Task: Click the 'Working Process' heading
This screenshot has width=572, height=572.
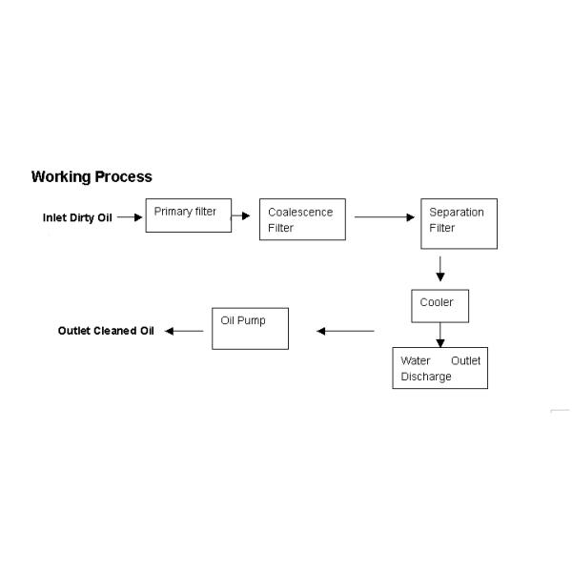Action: pos(92,176)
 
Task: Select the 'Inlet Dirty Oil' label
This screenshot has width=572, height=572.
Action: pos(77,217)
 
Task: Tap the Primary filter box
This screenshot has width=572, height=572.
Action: pos(188,215)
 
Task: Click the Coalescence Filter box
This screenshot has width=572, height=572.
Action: pos(302,220)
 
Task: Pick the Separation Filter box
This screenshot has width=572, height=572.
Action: pos(459,224)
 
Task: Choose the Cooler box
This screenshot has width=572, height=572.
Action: pos(439,306)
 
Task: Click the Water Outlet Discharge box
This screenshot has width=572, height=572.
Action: pos(440,368)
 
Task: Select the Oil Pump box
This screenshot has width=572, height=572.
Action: pos(250,328)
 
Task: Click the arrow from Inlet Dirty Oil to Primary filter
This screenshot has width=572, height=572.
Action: pos(130,217)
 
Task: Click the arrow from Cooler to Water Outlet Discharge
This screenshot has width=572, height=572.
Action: pos(439,335)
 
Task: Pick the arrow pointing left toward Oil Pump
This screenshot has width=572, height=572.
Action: pos(345,331)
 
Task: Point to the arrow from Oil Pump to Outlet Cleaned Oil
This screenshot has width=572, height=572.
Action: pos(185,331)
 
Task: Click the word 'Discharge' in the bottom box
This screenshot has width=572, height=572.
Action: pos(426,377)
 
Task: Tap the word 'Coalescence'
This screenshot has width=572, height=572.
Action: pos(300,213)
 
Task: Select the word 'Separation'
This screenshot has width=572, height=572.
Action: pos(457,212)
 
